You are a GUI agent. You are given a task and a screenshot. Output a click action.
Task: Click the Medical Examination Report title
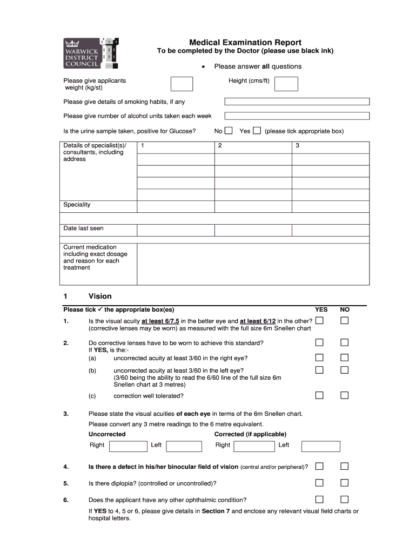245,43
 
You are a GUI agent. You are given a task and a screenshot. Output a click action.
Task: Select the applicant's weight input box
182,84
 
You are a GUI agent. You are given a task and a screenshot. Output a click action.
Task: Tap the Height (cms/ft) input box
286,84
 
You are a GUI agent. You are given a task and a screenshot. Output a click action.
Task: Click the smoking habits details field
297,102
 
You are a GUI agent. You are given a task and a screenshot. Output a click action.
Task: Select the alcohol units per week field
297,116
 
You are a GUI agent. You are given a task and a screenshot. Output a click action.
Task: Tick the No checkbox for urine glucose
229,131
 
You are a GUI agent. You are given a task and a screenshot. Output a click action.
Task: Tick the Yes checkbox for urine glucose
257,131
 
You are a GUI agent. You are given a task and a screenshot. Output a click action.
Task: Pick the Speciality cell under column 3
331,206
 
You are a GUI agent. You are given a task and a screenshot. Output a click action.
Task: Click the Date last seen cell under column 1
176,230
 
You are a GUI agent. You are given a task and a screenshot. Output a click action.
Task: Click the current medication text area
253,264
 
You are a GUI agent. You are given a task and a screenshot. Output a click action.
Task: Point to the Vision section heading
100,296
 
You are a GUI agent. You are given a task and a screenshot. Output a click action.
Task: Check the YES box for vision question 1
319,321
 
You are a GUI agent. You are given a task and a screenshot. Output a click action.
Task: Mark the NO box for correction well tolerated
344,395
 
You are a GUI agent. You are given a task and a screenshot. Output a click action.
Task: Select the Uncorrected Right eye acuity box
128,446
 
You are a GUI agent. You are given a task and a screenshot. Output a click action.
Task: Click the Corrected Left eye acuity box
320,446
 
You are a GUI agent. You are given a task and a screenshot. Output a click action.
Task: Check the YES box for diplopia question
319,483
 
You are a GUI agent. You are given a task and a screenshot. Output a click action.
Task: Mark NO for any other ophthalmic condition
344,499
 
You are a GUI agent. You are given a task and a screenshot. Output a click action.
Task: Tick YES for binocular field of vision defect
319,466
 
